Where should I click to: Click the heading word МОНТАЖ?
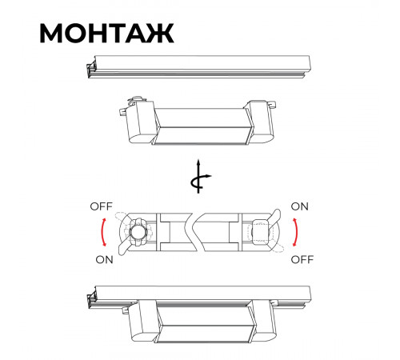pos(106,34)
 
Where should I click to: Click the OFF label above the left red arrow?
pos(102,206)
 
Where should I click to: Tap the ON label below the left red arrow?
pos(104,260)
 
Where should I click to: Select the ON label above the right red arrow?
pos(300,206)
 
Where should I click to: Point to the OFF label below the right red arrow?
pos(302,259)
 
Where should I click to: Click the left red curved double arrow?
pos(102,232)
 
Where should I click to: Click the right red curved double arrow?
pos(297,232)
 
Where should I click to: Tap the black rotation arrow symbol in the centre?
pos(198,177)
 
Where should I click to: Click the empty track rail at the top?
pos(198,66)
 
